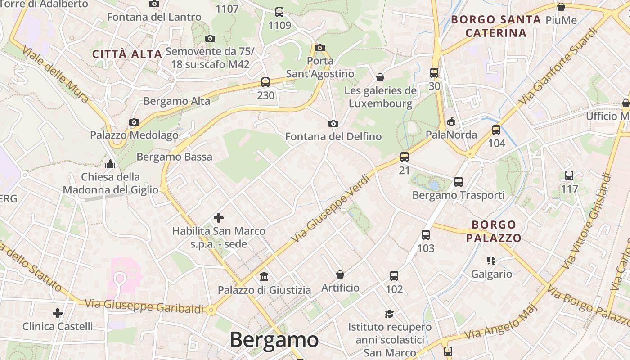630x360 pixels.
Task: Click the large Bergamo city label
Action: [x=274, y=340]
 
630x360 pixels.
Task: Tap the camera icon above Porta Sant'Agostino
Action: [x=320, y=48]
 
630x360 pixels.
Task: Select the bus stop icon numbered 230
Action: [x=265, y=82]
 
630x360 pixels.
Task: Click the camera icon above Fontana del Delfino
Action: [x=333, y=123]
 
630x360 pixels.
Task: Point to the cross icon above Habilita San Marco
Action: [x=219, y=218]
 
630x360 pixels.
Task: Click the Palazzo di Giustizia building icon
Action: [x=264, y=276]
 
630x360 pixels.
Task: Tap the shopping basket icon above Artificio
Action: [x=340, y=274]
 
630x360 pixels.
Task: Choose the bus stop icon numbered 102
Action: [x=394, y=276]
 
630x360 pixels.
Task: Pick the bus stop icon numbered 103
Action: [x=426, y=235]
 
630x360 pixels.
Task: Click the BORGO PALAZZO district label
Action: [x=494, y=231]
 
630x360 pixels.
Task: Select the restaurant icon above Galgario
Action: [x=491, y=260]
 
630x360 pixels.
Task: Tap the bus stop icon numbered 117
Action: [x=569, y=175]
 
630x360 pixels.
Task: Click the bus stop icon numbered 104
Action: [x=496, y=130]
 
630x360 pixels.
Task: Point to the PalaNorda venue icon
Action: [x=451, y=121]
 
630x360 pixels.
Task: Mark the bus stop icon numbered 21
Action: [x=405, y=157]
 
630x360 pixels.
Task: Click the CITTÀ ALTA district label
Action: [x=127, y=54]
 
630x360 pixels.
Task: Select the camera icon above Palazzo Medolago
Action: [x=134, y=122]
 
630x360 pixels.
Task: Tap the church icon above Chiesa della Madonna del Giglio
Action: [x=110, y=163]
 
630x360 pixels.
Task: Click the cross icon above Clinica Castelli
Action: [x=58, y=313]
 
